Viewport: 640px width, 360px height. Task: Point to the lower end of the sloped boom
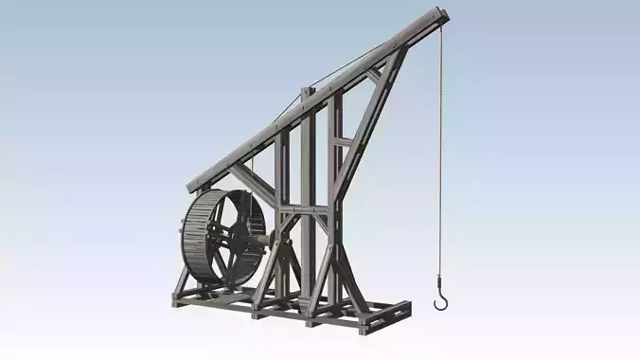[195, 185]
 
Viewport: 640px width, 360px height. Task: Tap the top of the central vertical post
[307, 92]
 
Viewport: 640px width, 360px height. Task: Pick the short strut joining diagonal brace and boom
[375, 73]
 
